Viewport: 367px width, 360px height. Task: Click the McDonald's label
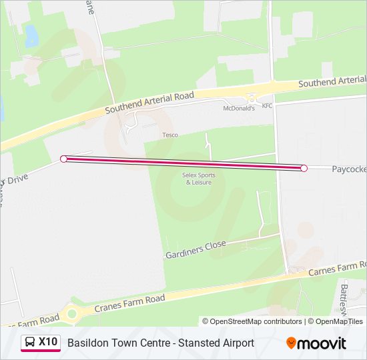point(239,108)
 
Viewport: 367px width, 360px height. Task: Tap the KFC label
point(267,106)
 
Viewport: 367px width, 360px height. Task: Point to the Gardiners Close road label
point(196,249)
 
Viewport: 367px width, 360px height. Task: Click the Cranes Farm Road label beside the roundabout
point(129,304)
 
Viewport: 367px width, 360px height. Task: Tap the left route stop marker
point(64,159)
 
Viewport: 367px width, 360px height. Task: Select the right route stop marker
point(304,168)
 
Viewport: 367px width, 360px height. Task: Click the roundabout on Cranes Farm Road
point(71,313)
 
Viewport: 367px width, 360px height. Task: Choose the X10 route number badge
point(48,343)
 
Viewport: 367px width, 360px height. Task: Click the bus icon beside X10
point(30,343)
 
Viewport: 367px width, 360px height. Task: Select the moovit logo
point(316,343)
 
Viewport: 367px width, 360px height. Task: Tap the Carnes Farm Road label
point(336,269)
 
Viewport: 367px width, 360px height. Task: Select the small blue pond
point(31,37)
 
